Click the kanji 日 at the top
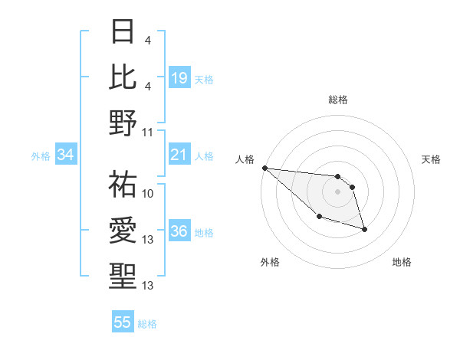123,32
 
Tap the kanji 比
123,77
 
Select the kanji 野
123,122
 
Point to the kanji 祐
123,184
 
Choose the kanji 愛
123,231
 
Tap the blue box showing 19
179,77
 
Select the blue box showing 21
179,155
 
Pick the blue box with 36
179,232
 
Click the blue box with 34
66,155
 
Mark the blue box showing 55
123,322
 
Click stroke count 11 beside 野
149,132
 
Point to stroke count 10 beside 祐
149,193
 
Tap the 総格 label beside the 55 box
147,324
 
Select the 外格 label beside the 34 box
41,156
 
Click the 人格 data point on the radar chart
264,168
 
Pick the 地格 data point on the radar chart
364,229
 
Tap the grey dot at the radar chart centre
337,191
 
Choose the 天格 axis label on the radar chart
432,159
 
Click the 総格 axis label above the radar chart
337,100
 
